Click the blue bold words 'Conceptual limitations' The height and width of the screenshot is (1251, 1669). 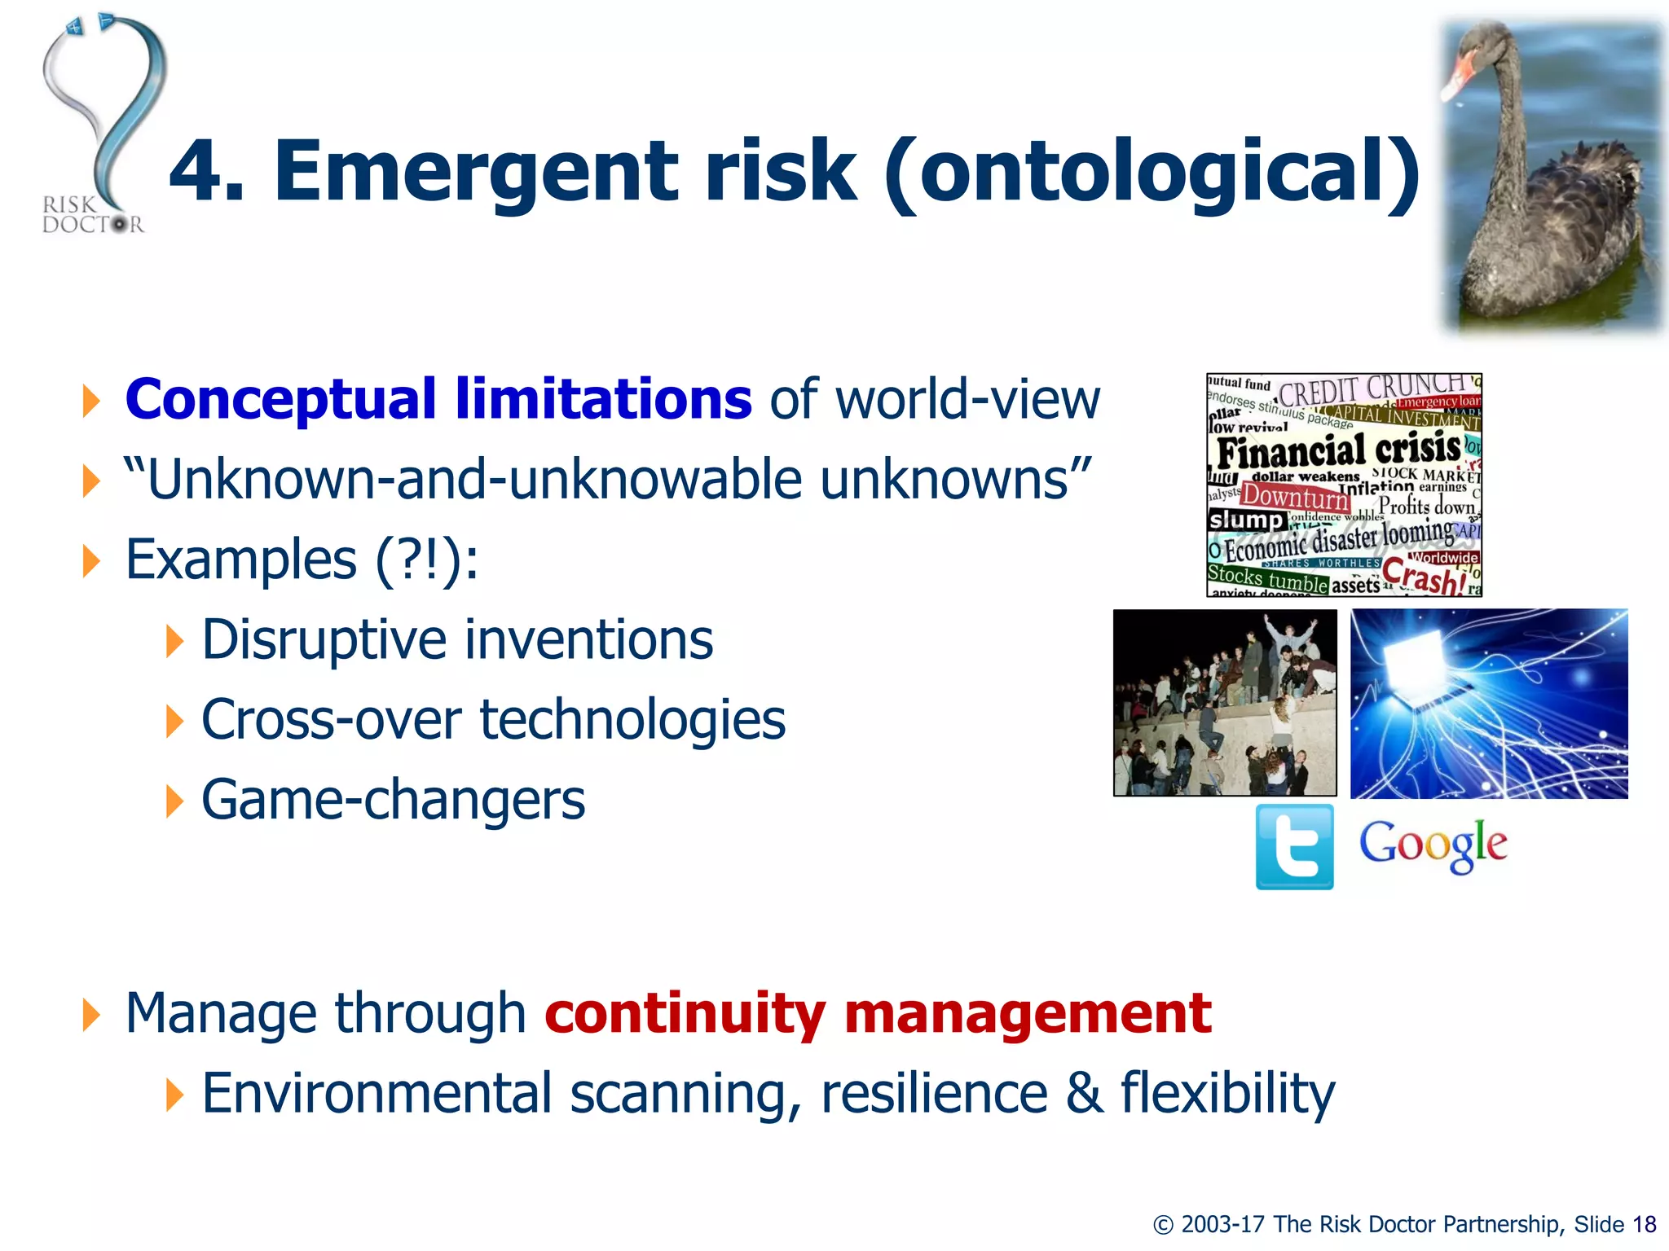(x=438, y=399)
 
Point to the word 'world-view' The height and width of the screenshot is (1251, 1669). (x=935, y=399)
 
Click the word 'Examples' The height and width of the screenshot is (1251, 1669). (x=241, y=560)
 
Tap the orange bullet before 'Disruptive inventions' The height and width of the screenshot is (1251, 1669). (x=174, y=641)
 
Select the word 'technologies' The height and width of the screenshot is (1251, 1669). (x=632, y=720)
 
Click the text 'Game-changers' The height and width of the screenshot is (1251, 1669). (x=393, y=800)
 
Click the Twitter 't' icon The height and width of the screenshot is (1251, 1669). (x=1294, y=847)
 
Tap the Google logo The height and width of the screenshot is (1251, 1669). (x=1433, y=845)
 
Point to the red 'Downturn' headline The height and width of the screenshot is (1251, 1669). (x=1294, y=496)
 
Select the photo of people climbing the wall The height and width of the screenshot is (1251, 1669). (x=1225, y=702)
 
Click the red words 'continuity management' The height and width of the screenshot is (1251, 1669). (x=878, y=1014)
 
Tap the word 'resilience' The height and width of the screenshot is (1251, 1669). (x=934, y=1093)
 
